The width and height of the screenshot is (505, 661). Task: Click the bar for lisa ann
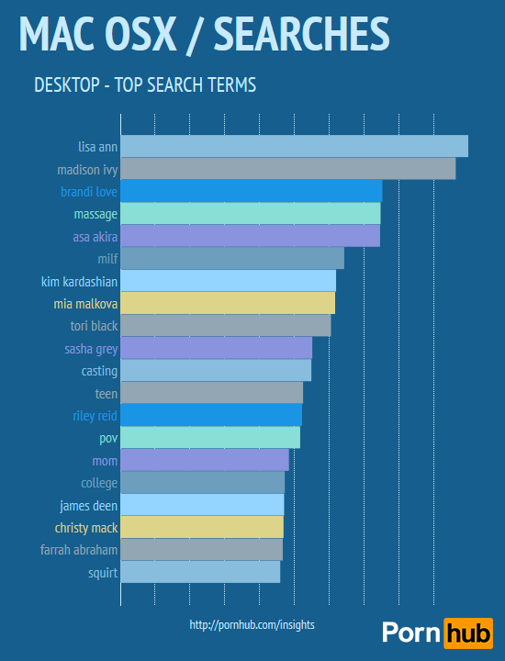[x=294, y=146]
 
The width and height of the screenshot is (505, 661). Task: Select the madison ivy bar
[x=287, y=169]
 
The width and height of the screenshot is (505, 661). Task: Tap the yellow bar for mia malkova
[x=228, y=303]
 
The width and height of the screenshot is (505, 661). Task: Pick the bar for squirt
[x=200, y=572]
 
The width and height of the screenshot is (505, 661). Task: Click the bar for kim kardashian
[x=228, y=281]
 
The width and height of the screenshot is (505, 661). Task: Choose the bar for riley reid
[x=211, y=415]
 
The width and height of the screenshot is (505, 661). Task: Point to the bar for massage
[x=250, y=214]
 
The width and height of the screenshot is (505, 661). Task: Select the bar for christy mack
[x=202, y=527]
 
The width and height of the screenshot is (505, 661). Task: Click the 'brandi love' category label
[x=89, y=192]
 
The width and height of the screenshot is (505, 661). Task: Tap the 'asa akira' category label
[x=95, y=237]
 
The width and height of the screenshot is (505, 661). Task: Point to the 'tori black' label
[x=94, y=326]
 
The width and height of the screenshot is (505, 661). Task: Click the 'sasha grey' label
[x=91, y=349]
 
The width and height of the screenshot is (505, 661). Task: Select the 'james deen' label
[x=88, y=505]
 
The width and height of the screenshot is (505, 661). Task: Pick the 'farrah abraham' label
[x=79, y=550]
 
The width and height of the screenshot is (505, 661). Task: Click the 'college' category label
[x=99, y=483]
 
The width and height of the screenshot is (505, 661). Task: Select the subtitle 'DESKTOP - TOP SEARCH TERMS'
[x=144, y=85]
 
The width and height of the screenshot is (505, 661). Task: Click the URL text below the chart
[x=252, y=624]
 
